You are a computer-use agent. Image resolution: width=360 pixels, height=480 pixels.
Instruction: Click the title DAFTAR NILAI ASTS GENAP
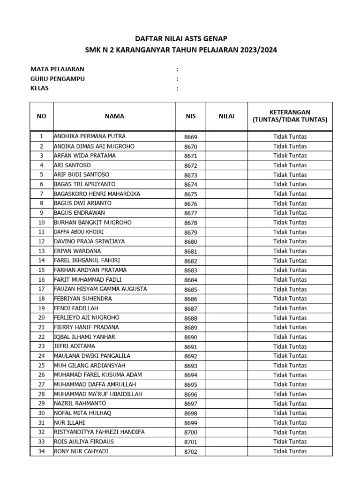180,39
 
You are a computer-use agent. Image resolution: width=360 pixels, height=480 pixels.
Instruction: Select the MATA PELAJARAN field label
57,69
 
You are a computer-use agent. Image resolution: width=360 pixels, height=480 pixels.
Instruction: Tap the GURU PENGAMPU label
57,79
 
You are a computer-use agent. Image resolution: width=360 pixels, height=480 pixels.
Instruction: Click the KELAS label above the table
39,88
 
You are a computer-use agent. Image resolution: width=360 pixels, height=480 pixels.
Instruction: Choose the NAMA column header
114,116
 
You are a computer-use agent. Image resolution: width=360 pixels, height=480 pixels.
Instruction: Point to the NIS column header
190,116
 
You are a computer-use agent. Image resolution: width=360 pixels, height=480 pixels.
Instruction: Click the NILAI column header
227,116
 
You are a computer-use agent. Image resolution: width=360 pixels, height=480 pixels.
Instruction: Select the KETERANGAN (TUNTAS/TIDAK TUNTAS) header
290,116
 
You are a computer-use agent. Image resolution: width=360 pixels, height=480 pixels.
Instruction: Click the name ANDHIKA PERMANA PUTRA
90,136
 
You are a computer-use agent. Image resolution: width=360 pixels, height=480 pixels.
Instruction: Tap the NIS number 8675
191,194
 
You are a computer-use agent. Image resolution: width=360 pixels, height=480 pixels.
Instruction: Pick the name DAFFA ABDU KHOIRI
79,232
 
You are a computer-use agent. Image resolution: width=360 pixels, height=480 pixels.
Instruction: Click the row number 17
41,289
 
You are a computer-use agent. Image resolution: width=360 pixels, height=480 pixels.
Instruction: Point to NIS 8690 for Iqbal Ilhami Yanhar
191,337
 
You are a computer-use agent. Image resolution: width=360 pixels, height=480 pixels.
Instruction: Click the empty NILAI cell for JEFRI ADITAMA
227,346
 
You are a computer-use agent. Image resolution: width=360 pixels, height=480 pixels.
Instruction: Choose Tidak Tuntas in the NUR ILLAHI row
290,423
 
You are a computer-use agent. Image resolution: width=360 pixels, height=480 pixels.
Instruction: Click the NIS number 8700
191,432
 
